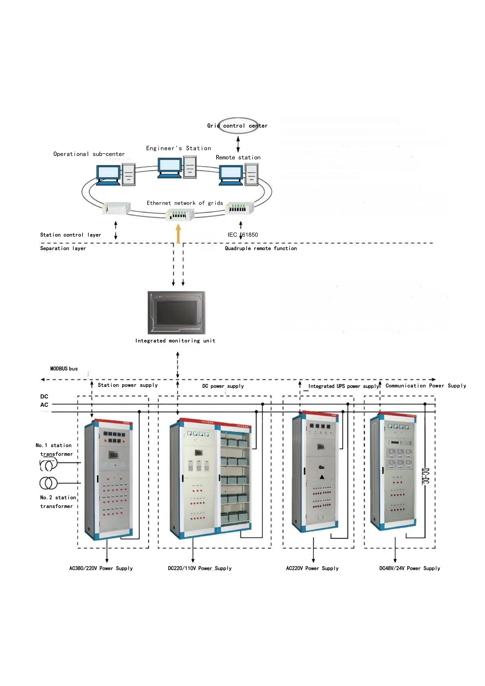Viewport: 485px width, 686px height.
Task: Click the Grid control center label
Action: coord(237,126)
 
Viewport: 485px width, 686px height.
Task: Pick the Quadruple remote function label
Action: coord(261,248)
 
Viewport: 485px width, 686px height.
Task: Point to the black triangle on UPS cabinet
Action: coord(322,477)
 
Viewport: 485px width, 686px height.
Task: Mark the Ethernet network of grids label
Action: coord(185,203)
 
